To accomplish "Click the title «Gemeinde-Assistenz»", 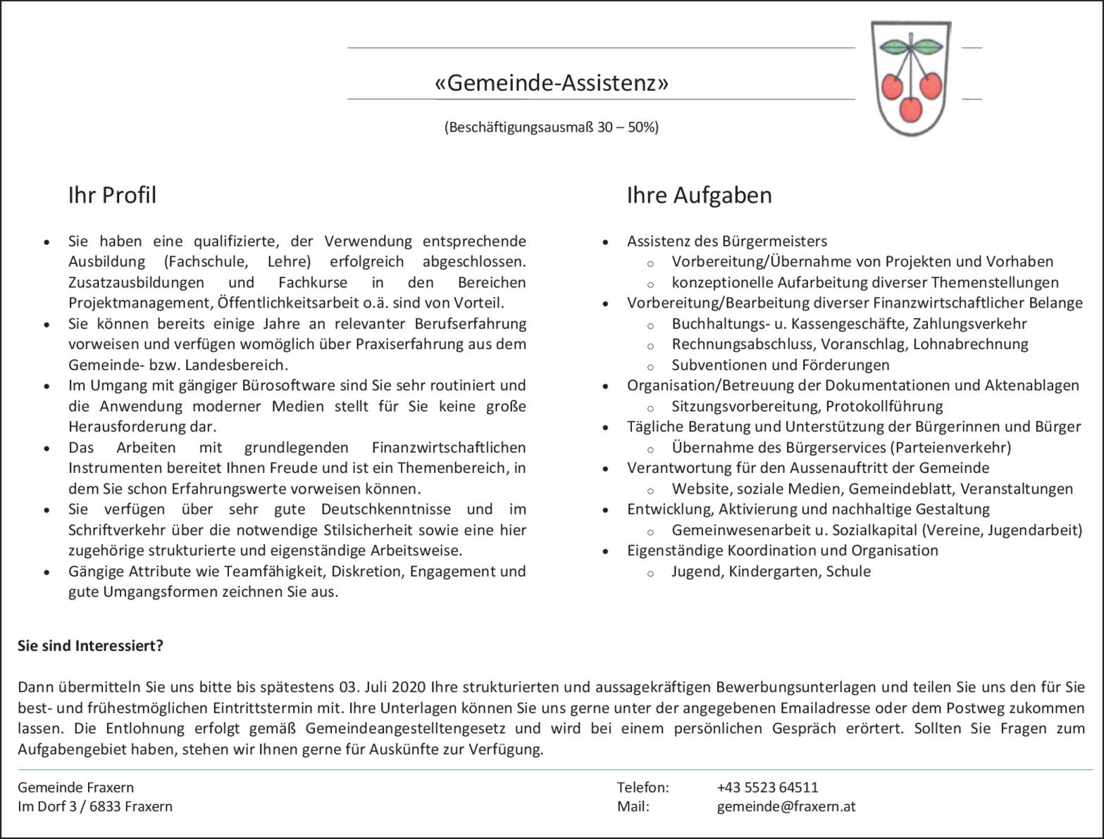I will [x=552, y=84].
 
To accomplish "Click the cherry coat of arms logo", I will [x=912, y=78].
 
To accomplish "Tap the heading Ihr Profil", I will [x=112, y=195].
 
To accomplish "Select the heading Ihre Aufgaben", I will [x=699, y=195].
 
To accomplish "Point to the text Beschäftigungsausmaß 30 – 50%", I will [x=552, y=127].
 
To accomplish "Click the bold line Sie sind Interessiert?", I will [x=90, y=645].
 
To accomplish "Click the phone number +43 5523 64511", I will [x=767, y=787].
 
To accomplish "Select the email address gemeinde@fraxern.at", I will [x=786, y=807].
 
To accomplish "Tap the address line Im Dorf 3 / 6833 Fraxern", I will [x=95, y=807].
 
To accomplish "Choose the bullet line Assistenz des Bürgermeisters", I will [x=726, y=241].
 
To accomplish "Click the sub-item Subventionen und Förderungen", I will [x=780, y=365].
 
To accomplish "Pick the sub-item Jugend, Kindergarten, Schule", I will [x=771, y=572].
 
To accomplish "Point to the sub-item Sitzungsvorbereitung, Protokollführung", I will [x=807, y=406].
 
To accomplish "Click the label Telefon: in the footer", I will [x=643, y=787].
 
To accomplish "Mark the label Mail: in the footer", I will [x=633, y=807].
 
